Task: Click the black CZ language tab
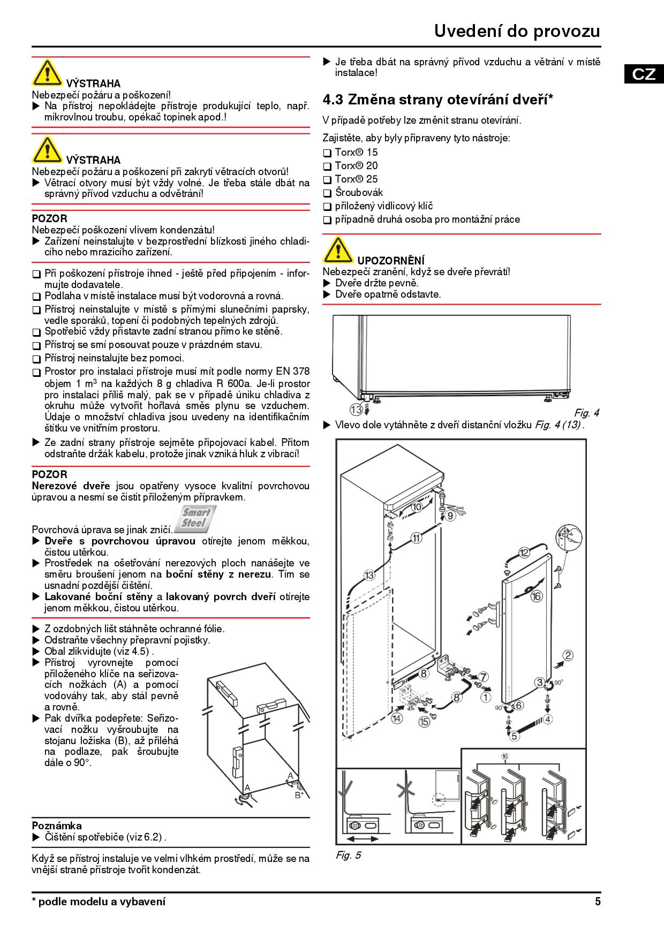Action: click(x=643, y=73)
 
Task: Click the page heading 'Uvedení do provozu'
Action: click(x=517, y=31)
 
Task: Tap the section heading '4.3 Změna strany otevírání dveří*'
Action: click(x=437, y=100)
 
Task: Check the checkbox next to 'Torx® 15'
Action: click(x=327, y=153)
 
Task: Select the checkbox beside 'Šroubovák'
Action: click(x=327, y=193)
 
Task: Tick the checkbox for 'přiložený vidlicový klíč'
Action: click(x=327, y=207)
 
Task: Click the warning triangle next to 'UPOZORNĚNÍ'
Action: click(x=337, y=251)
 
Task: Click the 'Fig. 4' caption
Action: click(x=586, y=413)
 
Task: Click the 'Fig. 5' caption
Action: click(x=348, y=855)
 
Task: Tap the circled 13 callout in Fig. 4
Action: click(x=356, y=410)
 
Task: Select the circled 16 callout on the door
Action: click(x=536, y=596)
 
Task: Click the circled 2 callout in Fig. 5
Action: click(x=568, y=655)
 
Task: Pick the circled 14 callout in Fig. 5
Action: click(x=396, y=718)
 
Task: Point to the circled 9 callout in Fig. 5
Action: click(x=450, y=516)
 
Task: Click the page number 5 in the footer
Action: click(x=598, y=902)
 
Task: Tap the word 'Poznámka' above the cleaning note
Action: click(x=57, y=826)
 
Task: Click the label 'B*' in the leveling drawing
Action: click(x=299, y=794)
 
